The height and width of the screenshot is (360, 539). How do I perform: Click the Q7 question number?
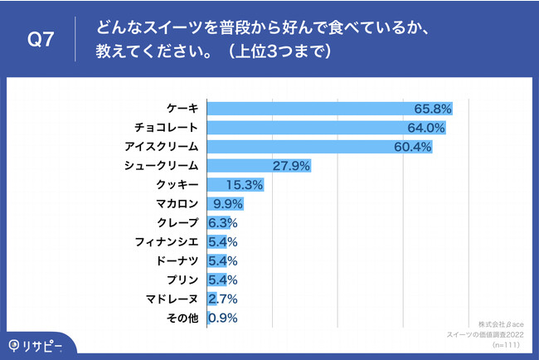pyautogui.click(x=41, y=41)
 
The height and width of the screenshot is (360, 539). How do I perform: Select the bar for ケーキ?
pyautogui.click(x=315, y=109)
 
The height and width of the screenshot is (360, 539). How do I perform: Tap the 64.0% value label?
pyautogui.click(x=426, y=128)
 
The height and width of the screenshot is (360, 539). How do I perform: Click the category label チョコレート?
pyautogui.click(x=166, y=128)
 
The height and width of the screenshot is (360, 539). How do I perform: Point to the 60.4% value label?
pyautogui.click(x=412, y=147)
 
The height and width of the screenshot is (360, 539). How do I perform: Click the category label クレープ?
pyautogui.click(x=177, y=223)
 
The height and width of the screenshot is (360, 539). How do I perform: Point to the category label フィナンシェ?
pyautogui.click(x=166, y=242)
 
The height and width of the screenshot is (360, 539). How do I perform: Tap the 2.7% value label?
pyautogui.click(x=222, y=299)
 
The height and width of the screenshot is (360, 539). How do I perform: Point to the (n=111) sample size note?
pyautogui.click(x=510, y=343)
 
